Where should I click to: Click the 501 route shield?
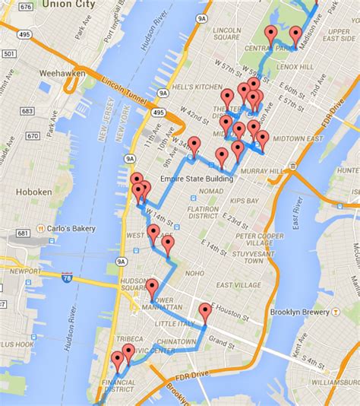pos(8,53)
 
